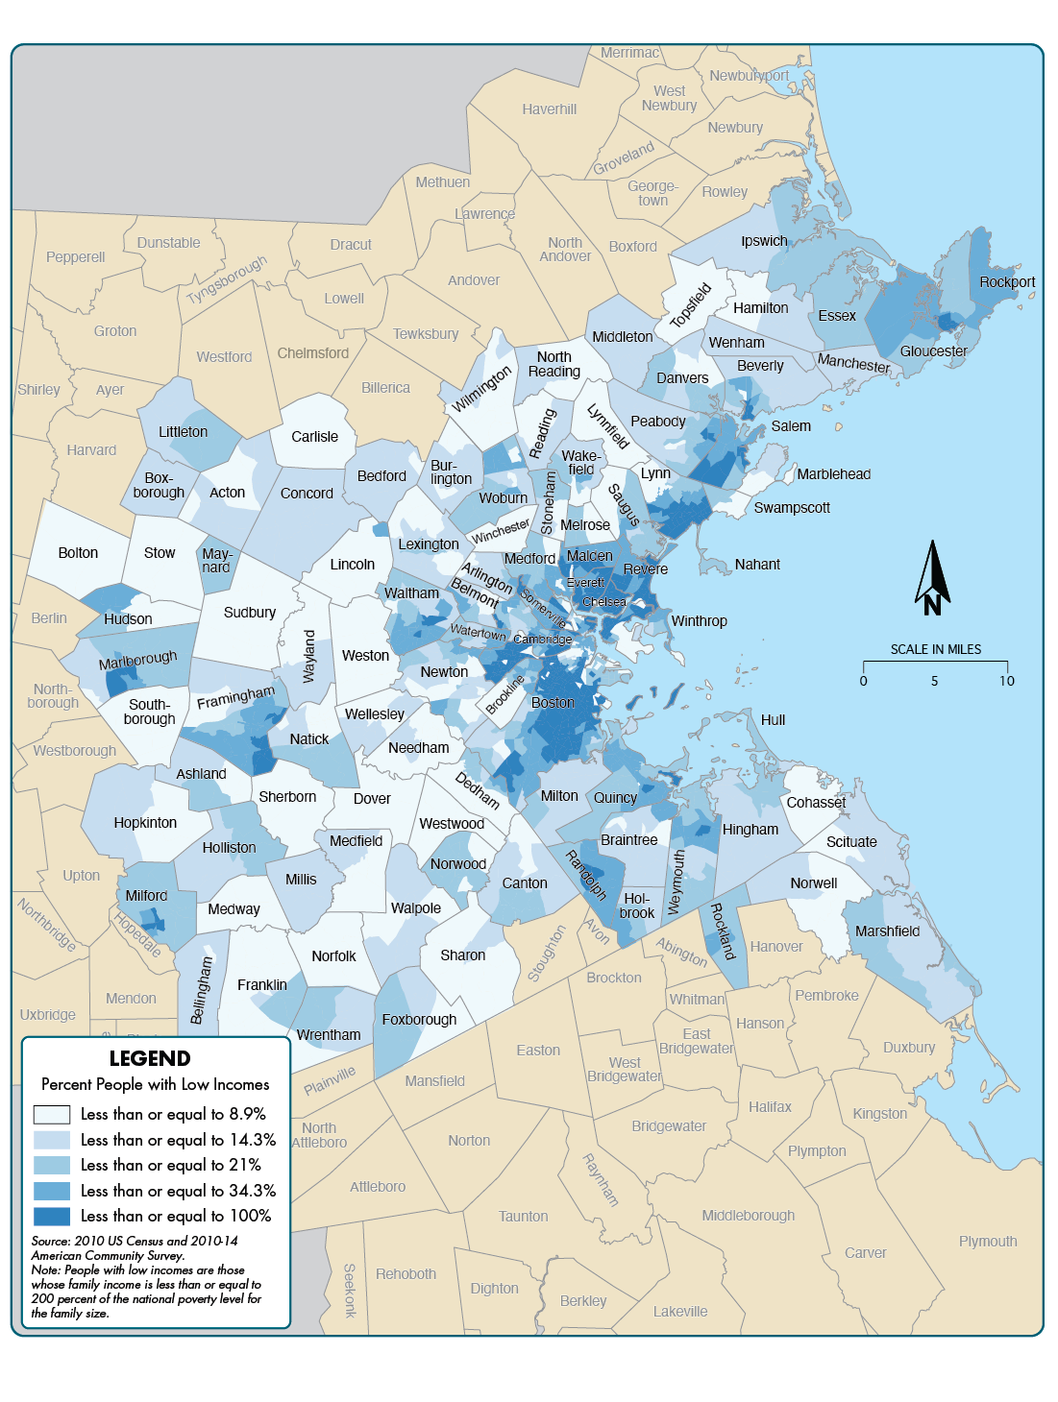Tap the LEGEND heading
click(x=150, y=1058)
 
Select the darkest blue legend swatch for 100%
click(x=52, y=1216)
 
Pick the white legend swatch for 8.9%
click(x=52, y=1114)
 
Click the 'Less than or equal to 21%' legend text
click(x=171, y=1165)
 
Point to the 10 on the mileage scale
click(x=1006, y=681)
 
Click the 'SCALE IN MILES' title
click(x=935, y=649)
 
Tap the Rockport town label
click(x=1007, y=281)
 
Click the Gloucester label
click(x=933, y=351)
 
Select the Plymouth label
click(x=987, y=1241)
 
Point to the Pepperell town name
click(x=76, y=256)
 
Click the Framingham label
click(x=235, y=697)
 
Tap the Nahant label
click(x=757, y=565)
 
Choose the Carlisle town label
click(x=315, y=436)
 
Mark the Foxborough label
click(x=419, y=1019)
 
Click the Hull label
click(x=773, y=719)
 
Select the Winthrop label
click(x=699, y=621)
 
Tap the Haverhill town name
click(x=550, y=109)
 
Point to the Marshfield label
click(x=887, y=931)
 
